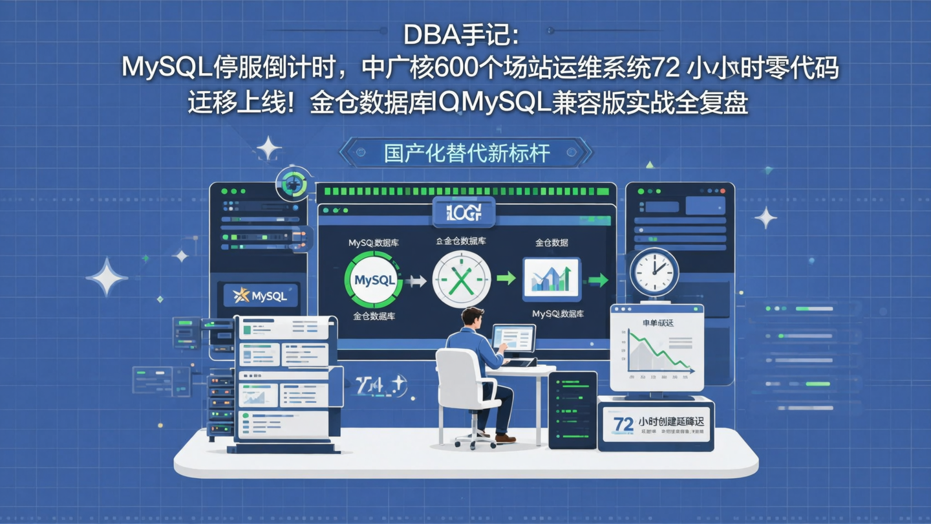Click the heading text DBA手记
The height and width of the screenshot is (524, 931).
(x=461, y=36)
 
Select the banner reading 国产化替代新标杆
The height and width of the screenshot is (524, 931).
(x=466, y=153)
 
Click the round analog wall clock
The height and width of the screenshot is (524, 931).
(x=654, y=272)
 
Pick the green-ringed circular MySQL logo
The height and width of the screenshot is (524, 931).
(x=374, y=279)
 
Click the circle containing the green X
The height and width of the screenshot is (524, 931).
(x=461, y=279)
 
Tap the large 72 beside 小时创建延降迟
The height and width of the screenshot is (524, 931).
(x=623, y=424)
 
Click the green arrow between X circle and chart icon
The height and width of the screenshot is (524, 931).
(x=506, y=279)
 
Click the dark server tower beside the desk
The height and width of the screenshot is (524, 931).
(x=572, y=409)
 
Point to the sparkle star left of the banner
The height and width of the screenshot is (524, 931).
(x=268, y=149)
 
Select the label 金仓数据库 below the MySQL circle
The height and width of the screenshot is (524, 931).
(x=374, y=316)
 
